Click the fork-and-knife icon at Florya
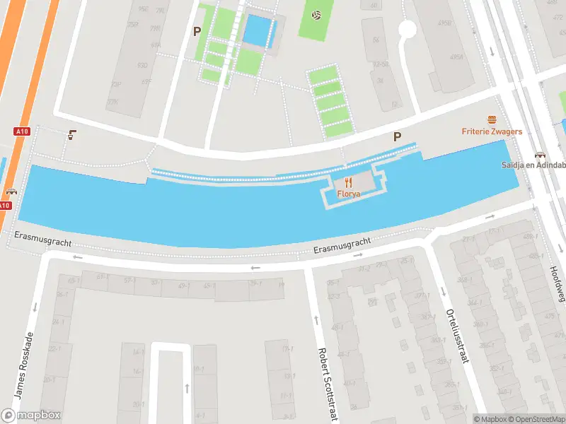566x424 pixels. point(348,182)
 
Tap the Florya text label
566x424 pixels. point(348,193)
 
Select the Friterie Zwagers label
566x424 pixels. point(492,131)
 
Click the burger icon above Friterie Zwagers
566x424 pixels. point(492,120)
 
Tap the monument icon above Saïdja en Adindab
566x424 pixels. point(541,155)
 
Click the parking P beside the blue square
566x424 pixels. point(197,31)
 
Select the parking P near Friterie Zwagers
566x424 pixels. point(398,137)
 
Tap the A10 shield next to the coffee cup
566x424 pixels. point(21,131)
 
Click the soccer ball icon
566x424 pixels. point(317,15)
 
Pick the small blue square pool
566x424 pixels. point(257,31)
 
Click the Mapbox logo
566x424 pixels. point(31,416)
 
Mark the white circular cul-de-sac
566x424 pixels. point(407,29)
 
